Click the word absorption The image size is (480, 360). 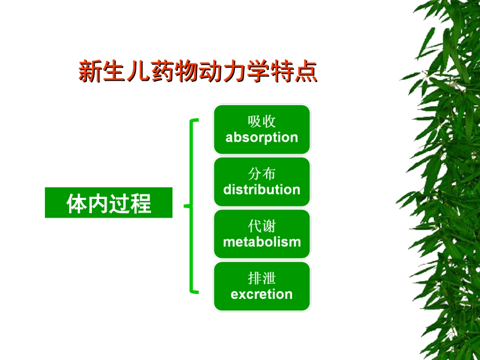(262, 137)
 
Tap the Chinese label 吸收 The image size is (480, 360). (262, 121)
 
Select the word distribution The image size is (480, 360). (262, 190)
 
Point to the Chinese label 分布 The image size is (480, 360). (262, 174)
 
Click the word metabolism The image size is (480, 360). (262, 242)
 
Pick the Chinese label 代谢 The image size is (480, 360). (262, 226)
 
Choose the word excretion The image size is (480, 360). (262, 294)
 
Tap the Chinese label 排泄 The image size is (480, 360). (262, 278)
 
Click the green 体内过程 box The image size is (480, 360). (109, 203)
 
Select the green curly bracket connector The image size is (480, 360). (191, 205)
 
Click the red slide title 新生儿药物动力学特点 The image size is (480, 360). (198, 72)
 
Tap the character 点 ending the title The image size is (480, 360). (306, 72)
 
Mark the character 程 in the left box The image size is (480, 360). (141, 203)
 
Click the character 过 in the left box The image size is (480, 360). (120, 203)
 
